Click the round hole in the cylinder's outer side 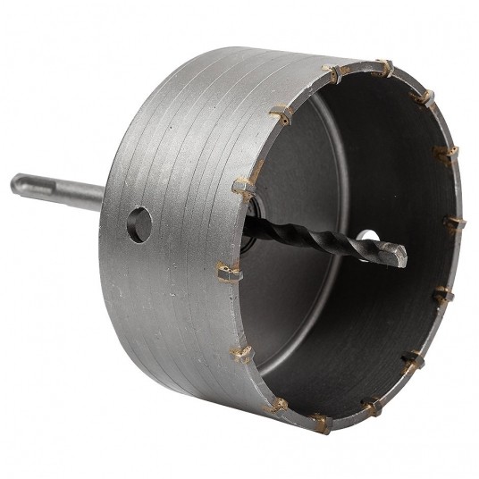pos(138,225)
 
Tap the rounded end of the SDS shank pos(16,187)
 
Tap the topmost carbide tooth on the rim pos(382,67)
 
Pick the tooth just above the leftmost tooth pos(242,186)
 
